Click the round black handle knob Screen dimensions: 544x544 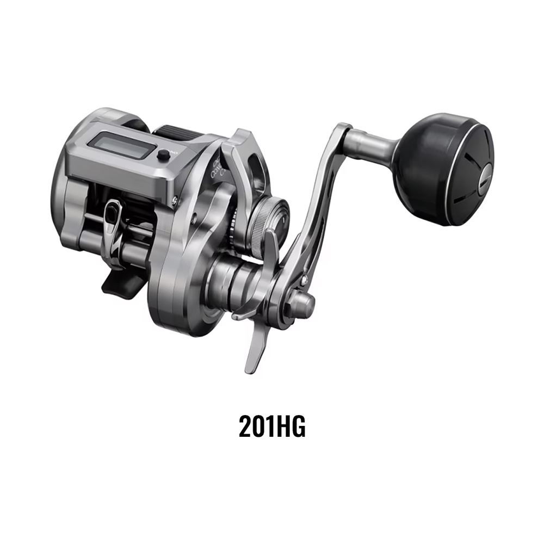point(444,169)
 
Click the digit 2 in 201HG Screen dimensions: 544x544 point(245,426)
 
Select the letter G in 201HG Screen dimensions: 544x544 point(298,426)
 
